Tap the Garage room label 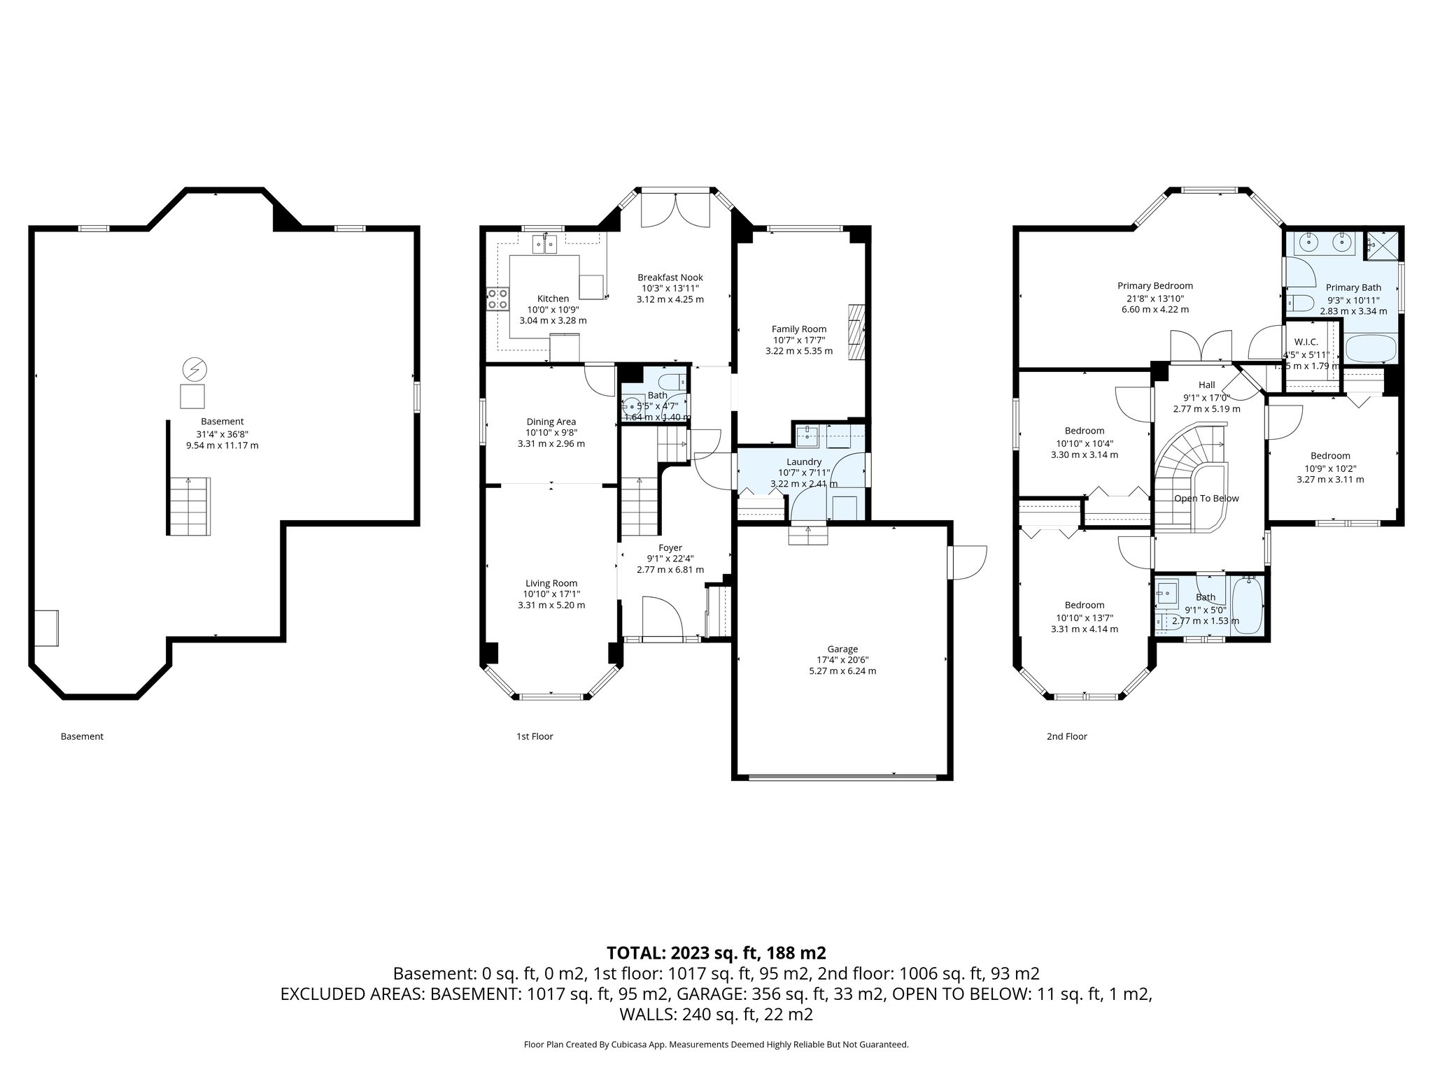point(842,649)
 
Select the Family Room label point(798,329)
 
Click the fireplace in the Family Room point(856,331)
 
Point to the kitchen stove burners point(497,299)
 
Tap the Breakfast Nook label point(670,278)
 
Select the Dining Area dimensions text point(551,433)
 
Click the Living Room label point(551,583)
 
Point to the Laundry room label point(803,462)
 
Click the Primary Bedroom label point(1155,286)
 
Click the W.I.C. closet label point(1306,343)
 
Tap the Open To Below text point(1206,499)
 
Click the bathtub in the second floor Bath point(1246,605)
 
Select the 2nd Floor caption point(1066,736)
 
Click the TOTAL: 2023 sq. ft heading point(716,953)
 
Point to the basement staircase point(189,506)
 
